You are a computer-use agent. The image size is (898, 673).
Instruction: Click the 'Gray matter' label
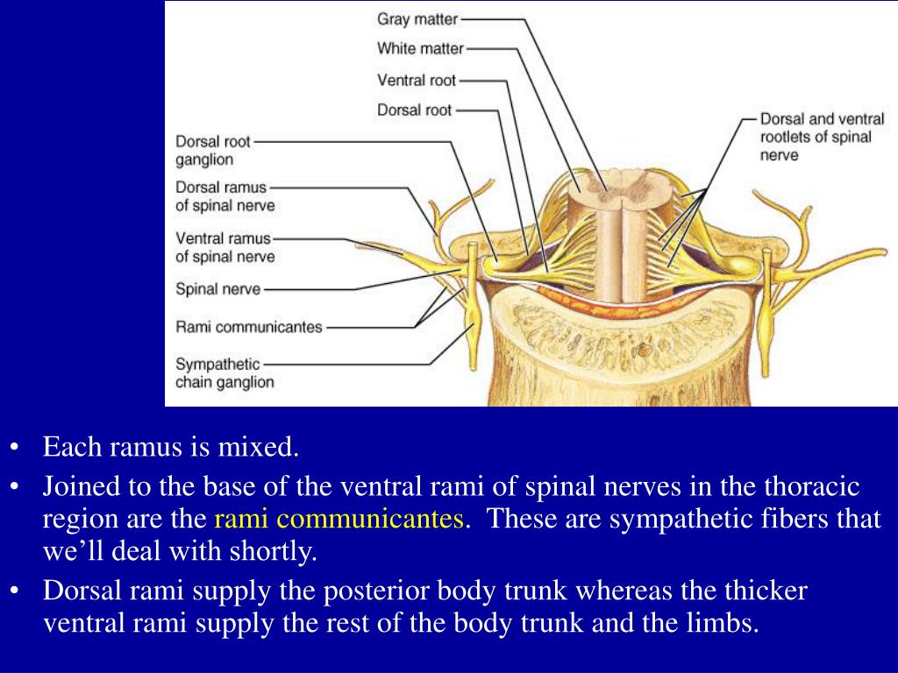pyautogui.click(x=417, y=18)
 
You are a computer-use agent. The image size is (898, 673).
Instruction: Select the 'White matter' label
pyautogui.click(x=420, y=48)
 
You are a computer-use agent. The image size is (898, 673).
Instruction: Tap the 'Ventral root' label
pyautogui.click(x=417, y=80)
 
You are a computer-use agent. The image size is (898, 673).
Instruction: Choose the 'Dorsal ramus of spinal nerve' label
pyautogui.click(x=224, y=196)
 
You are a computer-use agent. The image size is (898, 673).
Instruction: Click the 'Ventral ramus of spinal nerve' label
pyautogui.click(x=224, y=247)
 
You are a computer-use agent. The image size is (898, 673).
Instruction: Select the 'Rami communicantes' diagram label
pyautogui.click(x=249, y=327)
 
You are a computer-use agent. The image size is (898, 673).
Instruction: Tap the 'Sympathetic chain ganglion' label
pyautogui.click(x=224, y=372)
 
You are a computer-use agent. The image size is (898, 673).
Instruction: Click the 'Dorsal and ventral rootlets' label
pyautogui.click(x=822, y=136)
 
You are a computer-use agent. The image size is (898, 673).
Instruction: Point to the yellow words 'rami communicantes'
pyautogui.click(x=339, y=519)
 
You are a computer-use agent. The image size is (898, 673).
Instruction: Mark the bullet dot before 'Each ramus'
pyautogui.click(x=16, y=449)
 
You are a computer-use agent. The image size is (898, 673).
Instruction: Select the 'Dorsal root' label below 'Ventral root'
pyautogui.click(x=415, y=110)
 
